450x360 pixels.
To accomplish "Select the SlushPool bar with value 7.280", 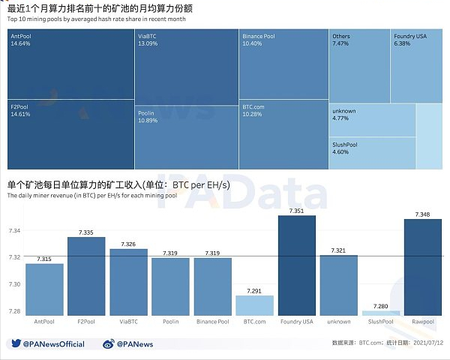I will [382, 313].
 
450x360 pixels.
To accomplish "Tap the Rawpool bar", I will [424, 267].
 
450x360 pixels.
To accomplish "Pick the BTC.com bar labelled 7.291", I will [255, 305].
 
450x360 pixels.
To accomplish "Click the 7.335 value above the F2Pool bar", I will [86, 233].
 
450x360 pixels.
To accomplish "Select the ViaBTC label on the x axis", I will [128, 322].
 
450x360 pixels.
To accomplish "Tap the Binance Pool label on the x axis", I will [213, 322].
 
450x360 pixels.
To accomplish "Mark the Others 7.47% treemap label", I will [341, 40].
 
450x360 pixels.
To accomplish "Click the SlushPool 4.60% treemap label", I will [346, 148].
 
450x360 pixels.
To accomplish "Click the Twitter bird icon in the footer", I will [15, 344].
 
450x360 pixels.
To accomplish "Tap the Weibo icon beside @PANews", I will [108, 344].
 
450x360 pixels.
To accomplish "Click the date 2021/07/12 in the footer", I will [423, 343].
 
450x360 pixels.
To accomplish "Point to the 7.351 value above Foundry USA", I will [297, 211].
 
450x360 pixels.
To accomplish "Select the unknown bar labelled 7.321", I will [339, 285].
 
